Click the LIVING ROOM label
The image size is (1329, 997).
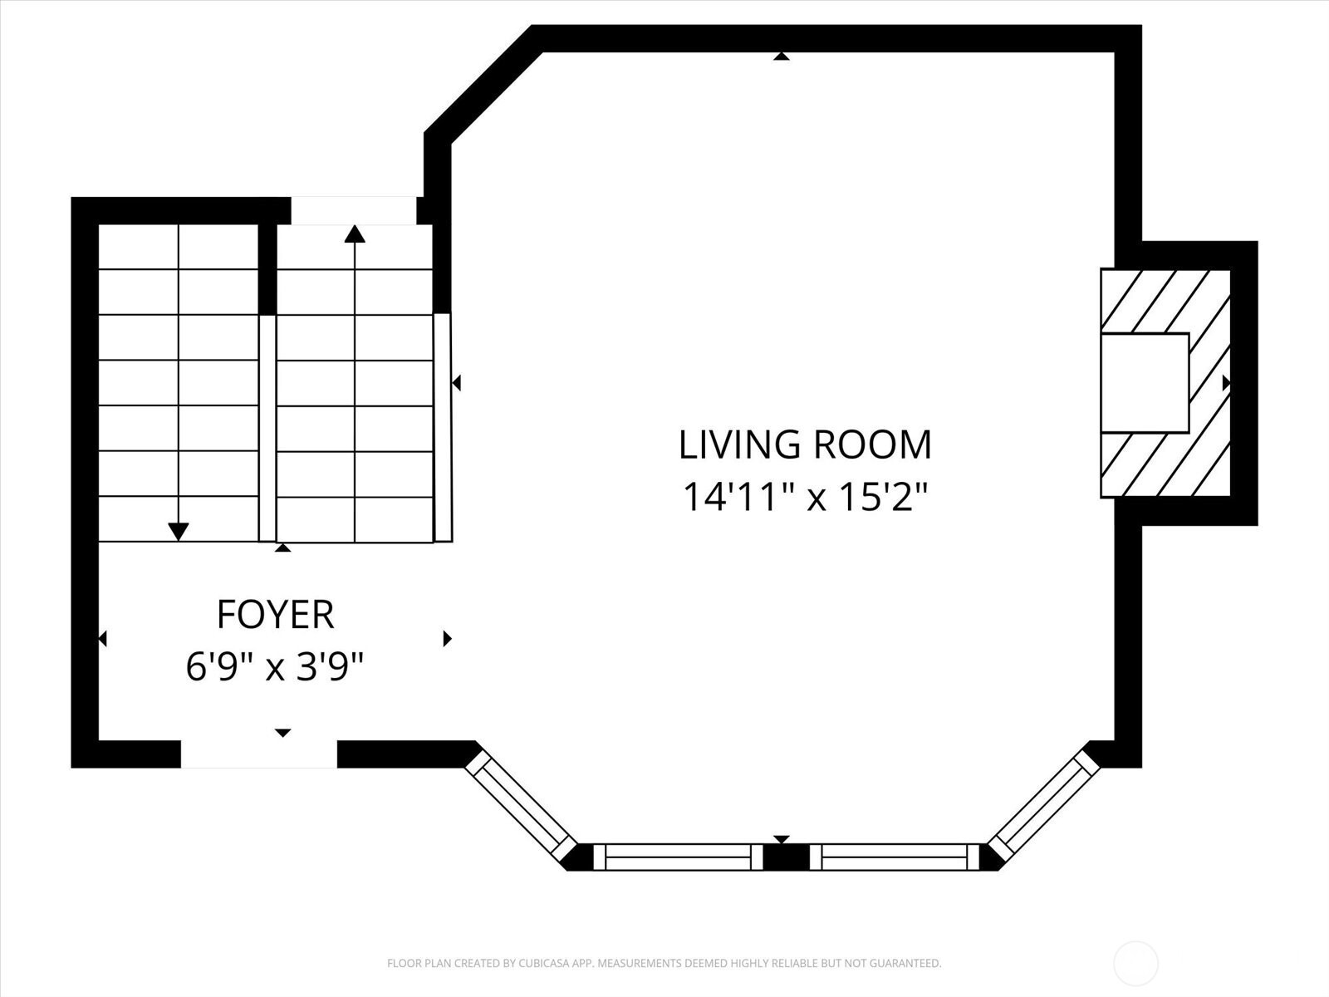[805, 445]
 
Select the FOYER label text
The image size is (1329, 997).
[276, 615]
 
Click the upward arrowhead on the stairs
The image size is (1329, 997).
[355, 233]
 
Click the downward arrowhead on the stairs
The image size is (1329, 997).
[178, 532]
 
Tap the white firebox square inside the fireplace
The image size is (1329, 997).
[1145, 382]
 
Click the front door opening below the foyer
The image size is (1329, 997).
[259, 754]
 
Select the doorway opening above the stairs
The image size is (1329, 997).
[354, 211]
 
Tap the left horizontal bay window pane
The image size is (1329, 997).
[678, 857]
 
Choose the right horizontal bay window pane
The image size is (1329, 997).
[895, 857]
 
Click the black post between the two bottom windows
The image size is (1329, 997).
[786, 857]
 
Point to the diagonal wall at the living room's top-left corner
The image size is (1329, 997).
[483, 85]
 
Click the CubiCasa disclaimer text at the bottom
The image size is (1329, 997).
[664, 963]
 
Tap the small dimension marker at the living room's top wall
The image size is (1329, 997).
[782, 56]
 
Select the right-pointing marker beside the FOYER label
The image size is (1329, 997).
[448, 639]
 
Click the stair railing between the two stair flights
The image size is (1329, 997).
[267, 427]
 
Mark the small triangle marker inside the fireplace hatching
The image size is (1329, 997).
[1226, 382]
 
